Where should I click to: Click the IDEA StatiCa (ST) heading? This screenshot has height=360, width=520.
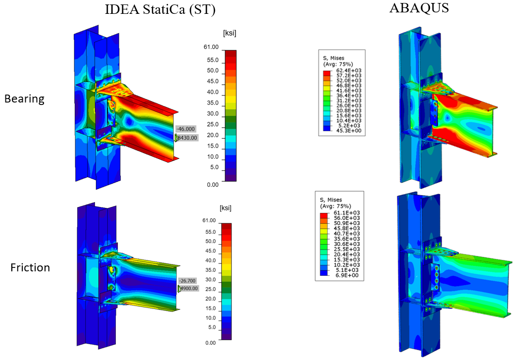(x=160, y=9)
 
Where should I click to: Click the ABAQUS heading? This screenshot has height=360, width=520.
(x=419, y=7)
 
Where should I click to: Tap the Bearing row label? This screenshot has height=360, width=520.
(x=24, y=99)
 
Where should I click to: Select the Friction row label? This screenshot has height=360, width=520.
(x=30, y=267)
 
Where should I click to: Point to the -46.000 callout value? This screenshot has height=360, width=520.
(x=186, y=129)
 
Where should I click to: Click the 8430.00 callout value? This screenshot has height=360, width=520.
(x=188, y=138)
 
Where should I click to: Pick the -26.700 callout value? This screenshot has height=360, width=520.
(x=188, y=281)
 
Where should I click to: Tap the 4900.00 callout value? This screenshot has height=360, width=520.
(x=189, y=288)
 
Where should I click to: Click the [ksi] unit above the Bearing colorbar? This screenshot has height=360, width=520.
(x=230, y=33)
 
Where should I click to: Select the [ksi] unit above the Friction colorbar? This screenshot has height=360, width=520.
(x=226, y=208)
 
